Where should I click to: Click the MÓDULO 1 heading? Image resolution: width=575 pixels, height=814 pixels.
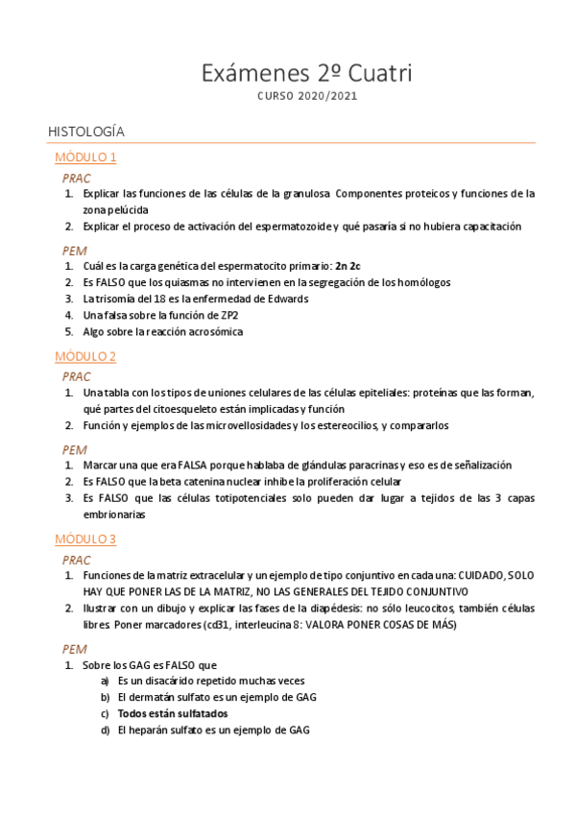(x=85, y=157)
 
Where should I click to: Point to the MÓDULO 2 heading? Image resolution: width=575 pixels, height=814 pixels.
(x=85, y=356)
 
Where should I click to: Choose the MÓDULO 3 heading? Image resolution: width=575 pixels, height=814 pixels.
(x=85, y=539)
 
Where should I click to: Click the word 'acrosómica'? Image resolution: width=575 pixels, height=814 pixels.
(x=210, y=332)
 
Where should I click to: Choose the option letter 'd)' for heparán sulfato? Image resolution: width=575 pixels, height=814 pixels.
(x=105, y=730)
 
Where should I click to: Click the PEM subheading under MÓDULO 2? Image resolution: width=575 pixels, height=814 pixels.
(x=75, y=448)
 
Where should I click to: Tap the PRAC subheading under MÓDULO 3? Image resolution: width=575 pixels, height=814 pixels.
(x=77, y=560)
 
